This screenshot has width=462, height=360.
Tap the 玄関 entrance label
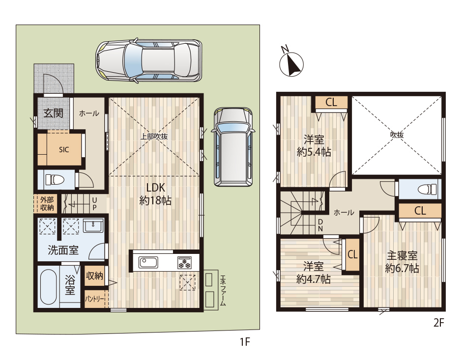(x=54, y=113)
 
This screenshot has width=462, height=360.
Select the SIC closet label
(x=64, y=149)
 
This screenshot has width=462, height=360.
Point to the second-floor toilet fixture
(x=427, y=189)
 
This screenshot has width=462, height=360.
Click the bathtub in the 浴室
(x=48, y=287)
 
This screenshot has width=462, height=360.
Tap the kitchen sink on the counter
(x=148, y=262)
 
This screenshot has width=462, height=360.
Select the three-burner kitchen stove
(x=184, y=262)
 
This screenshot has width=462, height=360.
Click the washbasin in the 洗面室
(x=93, y=226)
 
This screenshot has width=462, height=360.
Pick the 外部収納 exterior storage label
(x=47, y=204)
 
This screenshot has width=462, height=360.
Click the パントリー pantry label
(x=94, y=300)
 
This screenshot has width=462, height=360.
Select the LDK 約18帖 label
(x=155, y=194)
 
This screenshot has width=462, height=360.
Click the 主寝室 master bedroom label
(x=402, y=256)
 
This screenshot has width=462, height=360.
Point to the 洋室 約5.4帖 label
(x=314, y=146)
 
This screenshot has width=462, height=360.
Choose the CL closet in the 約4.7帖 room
(x=352, y=254)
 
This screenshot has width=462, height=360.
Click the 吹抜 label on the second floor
(x=397, y=135)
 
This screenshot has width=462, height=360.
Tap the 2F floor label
(x=438, y=323)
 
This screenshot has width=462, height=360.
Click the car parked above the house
(x=149, y=60)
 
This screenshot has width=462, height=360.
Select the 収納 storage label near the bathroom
(x=94, y=276)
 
